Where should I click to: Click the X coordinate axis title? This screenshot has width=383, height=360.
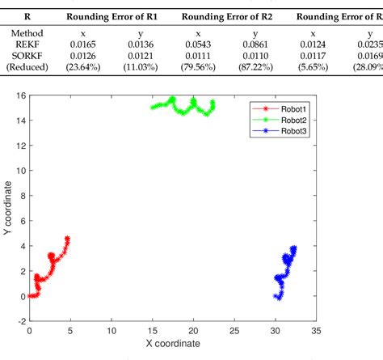click(x=172, y=343)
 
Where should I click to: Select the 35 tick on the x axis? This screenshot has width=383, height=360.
click(x=316, y=330)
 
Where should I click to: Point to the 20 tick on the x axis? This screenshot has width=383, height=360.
click(x=193, y=330)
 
